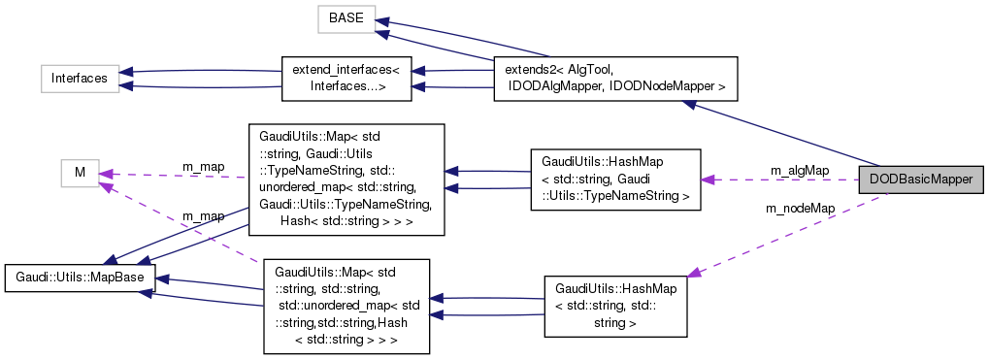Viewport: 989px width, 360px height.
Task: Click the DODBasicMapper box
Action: pyautogui.click(x=921, y=180)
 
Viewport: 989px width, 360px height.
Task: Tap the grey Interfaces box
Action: pyautogui.click(x=79, y=79)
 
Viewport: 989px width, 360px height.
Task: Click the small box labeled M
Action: pyautogui.click(x=81, y=173)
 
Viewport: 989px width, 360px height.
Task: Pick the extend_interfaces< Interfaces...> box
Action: pyautogui.click(x=346, y=79)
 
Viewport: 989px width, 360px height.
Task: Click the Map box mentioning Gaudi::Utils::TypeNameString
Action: pyautogui.click(x=346, y=179)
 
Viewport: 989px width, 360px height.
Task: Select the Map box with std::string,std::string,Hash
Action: pyautogui.click(x=346, y=305)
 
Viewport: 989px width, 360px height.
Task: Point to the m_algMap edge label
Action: pyautogui.click(x=799, y=171)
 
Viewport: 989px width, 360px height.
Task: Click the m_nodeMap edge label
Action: pyautogui.click(x=800, y=208)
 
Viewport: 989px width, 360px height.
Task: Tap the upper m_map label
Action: pyautogui.click(x=203, y=167)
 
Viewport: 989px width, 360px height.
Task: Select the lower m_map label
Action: pyautogui.click(x=203, y=215)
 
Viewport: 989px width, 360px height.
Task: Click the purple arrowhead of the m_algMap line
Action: pyautogui.click(x=708, y=180)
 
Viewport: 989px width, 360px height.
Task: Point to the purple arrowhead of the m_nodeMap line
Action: pyautogui.click(x=693, y=276)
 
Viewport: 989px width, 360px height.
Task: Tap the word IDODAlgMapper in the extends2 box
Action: pyautogui.click(x=549, y=87)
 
